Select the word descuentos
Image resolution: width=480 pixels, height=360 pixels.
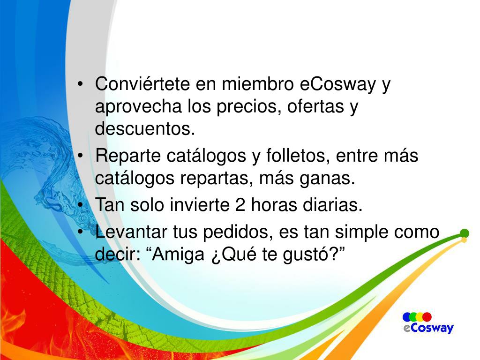(144, 128)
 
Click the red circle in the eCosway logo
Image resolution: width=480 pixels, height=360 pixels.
(427, 317)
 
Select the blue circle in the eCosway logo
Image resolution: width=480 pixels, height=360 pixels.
(407, 317)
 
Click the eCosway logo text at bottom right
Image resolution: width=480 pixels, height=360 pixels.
(428, 328)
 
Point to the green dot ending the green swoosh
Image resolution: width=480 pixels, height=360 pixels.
(465, 233)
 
